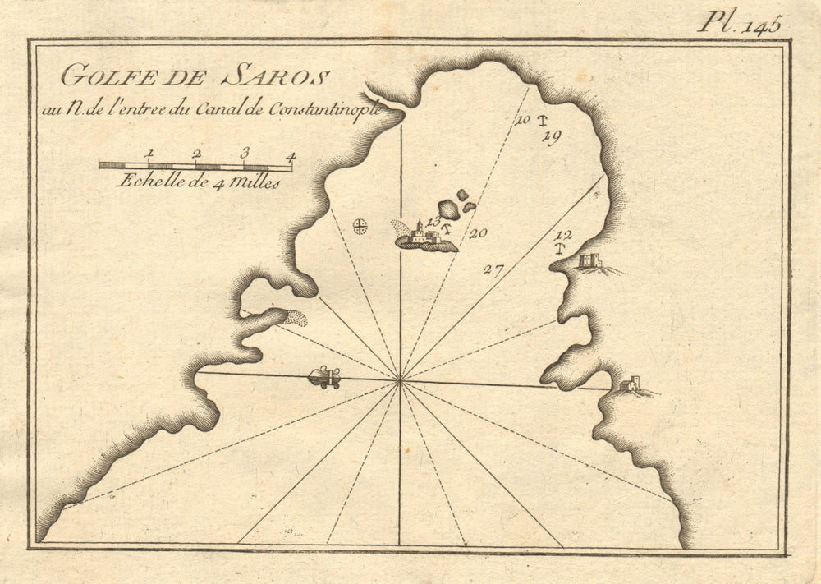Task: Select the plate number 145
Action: [762, 25]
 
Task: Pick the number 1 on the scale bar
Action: [149, 154]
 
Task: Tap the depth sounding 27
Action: [493, 269]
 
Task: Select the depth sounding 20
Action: [478, 233]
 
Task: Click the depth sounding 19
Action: [551, 138]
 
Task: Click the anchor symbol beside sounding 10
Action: [542, 122]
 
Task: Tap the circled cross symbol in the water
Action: [360, 226]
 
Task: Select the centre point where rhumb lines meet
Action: [400, 380]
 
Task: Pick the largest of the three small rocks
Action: [449, 209]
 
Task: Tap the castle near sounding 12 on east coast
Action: [589, 261]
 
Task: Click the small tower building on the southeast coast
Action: [631, 383]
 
